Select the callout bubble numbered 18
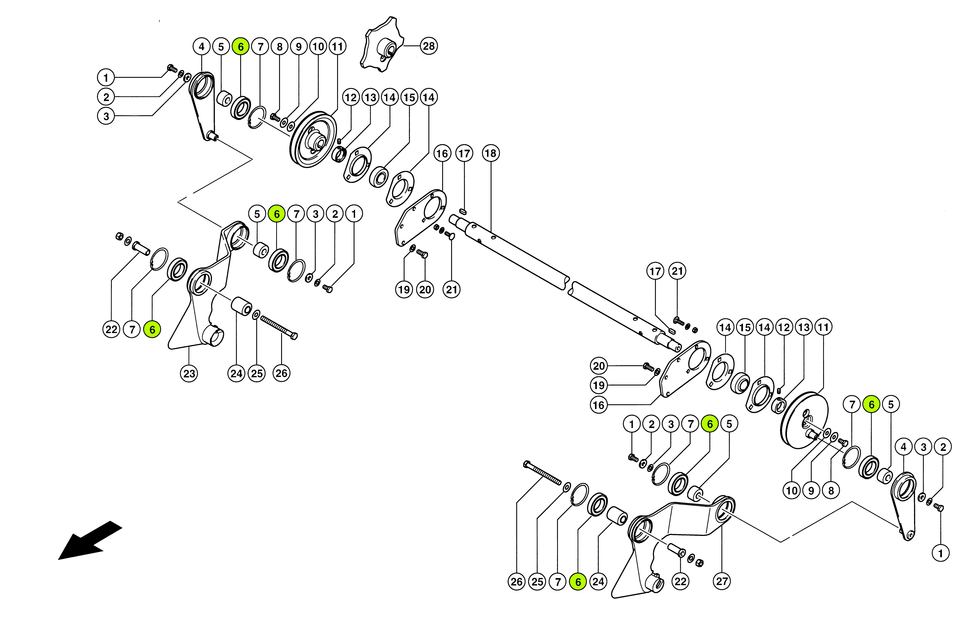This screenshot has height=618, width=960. (491, 153)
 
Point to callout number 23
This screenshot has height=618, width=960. (189, 374)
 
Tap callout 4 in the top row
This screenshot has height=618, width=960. (202, 47)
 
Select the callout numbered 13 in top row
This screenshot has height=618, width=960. (370, 97)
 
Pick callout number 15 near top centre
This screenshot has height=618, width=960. (409, 97)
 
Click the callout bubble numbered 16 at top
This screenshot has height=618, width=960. (442, 153)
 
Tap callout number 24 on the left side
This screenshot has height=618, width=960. (236, 374)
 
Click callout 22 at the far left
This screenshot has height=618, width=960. (111, 330)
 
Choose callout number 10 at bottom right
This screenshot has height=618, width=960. (792, 490)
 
